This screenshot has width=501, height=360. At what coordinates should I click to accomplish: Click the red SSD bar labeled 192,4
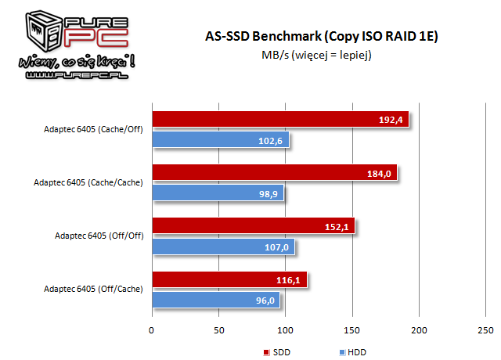tap(280, 119)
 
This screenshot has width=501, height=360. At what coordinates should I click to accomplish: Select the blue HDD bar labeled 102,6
tap(220, 139)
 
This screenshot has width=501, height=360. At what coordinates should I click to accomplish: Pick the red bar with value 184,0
tap(274, 172)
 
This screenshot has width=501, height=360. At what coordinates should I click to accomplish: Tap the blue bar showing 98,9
tap(218, 193)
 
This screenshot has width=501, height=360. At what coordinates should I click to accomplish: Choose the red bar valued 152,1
tap(253, 226)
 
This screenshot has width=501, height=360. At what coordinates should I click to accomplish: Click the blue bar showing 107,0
tap(223, 246)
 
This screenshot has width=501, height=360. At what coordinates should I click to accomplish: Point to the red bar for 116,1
tap(229, 279)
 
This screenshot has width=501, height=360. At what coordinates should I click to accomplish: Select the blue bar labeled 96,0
tap(215, 300)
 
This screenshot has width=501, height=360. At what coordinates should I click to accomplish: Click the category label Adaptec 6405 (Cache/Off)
tap(94, 129)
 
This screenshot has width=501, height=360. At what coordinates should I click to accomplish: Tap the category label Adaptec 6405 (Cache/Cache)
tap(88, 182)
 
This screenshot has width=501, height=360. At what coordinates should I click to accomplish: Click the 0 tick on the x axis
tap(152, 329)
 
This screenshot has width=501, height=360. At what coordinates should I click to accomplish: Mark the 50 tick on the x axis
tap(219, 329)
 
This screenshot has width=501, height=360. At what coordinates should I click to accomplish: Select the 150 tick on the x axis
tap(353, 329)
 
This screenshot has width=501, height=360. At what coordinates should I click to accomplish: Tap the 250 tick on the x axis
tap(487, 329)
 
